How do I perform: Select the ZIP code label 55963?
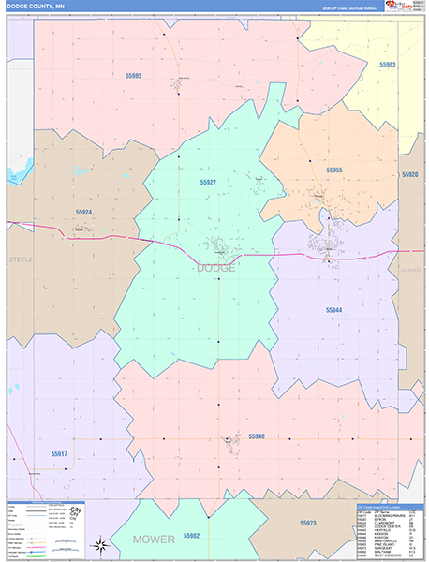click(388, 65)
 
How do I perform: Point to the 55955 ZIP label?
click(334, 170)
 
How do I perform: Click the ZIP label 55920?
click(409, 174)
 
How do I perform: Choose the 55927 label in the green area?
click(208, 182)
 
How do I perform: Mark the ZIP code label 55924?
click(84, 213)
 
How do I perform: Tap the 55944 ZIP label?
click(334, 309)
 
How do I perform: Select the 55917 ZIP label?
click(59, 454)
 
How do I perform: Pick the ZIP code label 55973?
click(308, 523)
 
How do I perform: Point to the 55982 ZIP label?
click(192, 534)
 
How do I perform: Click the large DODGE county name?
click(216, 268)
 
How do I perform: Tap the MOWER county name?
click(154, 540)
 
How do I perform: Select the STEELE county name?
click(20, 259)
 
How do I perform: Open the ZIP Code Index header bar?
click(390, 507)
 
